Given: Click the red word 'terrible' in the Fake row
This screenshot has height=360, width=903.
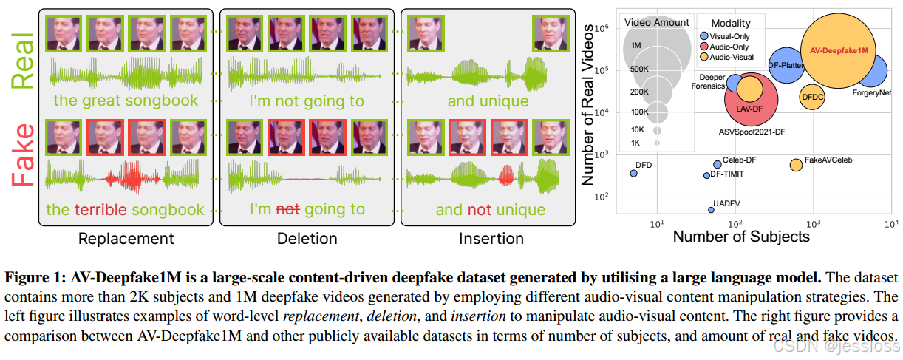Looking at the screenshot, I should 100,210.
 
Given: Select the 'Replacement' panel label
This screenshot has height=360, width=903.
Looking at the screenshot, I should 126,239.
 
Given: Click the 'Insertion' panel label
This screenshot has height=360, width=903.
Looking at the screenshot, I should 491,239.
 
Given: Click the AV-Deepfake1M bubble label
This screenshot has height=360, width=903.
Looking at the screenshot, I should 838,51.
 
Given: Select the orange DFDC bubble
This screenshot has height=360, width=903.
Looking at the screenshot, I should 813,97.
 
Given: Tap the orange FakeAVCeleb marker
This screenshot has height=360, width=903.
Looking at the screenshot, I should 796,165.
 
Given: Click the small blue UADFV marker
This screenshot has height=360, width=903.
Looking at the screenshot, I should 711,210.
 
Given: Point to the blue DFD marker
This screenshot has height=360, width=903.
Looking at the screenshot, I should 633,173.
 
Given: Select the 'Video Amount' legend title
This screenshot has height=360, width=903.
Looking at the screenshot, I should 657,23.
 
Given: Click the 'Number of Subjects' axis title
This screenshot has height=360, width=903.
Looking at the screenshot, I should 741,237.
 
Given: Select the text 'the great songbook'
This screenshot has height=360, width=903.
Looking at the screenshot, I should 126,101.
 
